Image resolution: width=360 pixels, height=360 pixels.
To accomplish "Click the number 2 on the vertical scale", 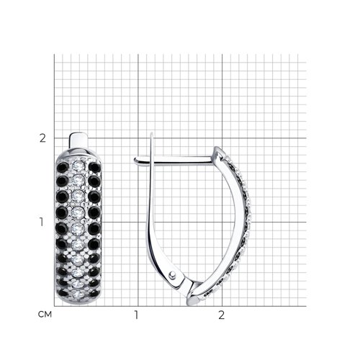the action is pyautogui.click(x=42, y=138).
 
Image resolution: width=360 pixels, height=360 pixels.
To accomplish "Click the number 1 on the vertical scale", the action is pyautogui.click(x=42, y=222).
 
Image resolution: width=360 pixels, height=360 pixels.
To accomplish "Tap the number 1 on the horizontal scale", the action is pyautogui.click(x=136, y=315).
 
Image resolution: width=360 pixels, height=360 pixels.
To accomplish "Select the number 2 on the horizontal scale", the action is pyautogui.click(x=222, y=315).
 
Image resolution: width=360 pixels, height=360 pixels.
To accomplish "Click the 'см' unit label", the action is pyautogui.click(x=45, y=315).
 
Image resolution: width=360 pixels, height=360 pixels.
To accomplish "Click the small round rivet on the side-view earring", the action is pyautogui.click(x=172, y=275).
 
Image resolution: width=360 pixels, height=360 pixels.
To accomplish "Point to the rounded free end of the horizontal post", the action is pyautogui.click(x=135, y=161).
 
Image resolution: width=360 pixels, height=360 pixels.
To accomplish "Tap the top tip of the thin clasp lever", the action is pyautogui.click(x=152, y=133).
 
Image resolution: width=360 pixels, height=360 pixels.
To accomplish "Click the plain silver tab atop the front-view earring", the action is pyautogui.click(x=78, y=140).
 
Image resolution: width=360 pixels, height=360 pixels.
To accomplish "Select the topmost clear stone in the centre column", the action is pyautogui.click(x=78, y=165).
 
